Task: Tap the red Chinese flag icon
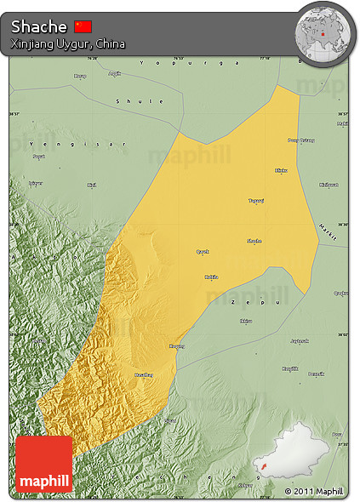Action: click(x=83, y=26)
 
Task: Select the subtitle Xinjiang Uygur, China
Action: click(x=69, y=43)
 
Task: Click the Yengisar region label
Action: click(x=77, y=143)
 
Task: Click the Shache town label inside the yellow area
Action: click(x=254, y=241)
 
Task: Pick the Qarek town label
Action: click(x=203, y=252)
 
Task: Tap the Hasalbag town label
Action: click(x=144, y=374)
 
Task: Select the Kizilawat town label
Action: click(x=329, y=185)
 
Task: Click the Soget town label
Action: click(x=38, y=157)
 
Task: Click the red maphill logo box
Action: click(x=43, y=464)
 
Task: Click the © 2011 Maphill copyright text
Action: click(x=314, y=491)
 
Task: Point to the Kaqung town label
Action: click(x=177, y=345)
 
